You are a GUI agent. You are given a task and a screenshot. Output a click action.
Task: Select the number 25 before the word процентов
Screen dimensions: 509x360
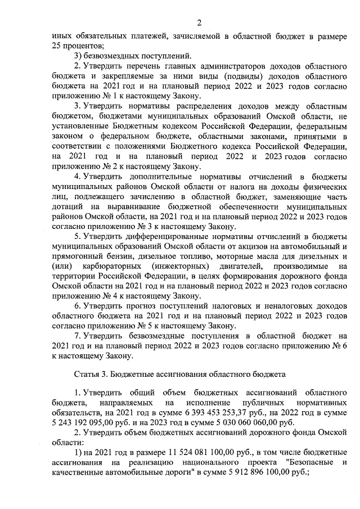tap(56, 44)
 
